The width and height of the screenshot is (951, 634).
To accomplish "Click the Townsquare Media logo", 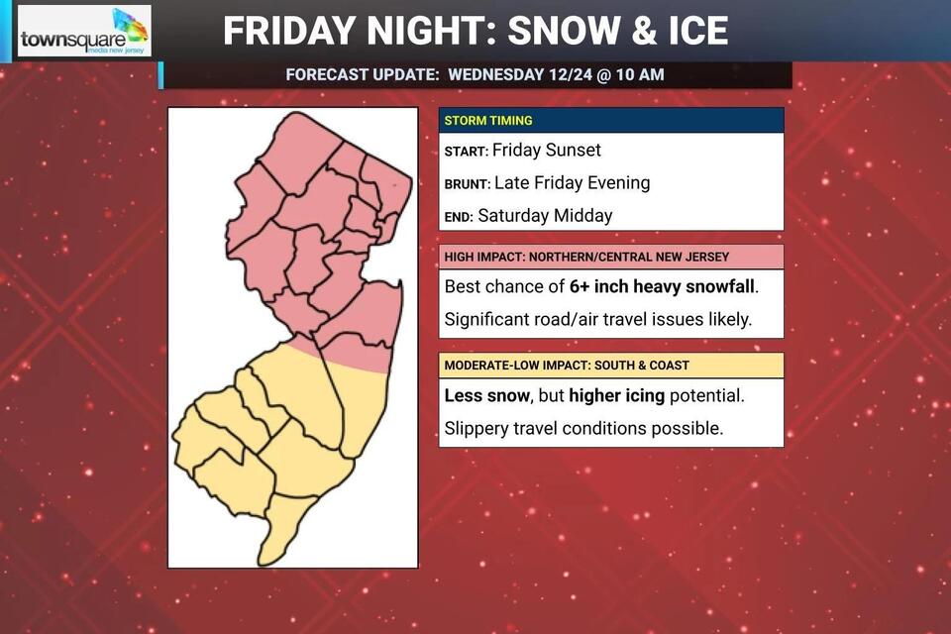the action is (84, 32).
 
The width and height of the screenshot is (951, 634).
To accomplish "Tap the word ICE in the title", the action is (689, 31).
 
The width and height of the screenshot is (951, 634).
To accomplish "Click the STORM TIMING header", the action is (488, 121).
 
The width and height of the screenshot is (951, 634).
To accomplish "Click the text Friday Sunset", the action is (547, 151).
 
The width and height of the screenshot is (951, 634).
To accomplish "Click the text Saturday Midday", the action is (546, 215).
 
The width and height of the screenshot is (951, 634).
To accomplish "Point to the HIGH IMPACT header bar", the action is (610, 257).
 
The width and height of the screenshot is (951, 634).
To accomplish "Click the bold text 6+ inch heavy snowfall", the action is (663, 287).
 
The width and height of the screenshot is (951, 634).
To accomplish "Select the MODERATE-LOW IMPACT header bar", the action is (610, 366).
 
